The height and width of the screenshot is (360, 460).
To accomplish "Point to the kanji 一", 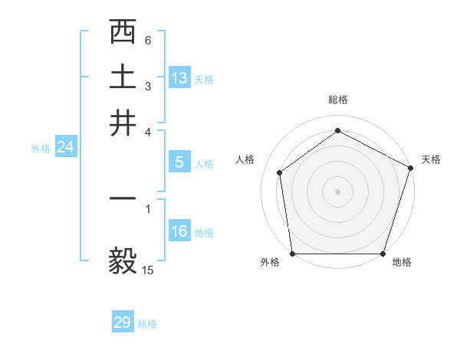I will click(123, 198).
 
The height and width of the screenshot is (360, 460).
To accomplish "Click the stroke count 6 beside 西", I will click(148, 40).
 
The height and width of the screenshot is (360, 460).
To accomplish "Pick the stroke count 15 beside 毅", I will click(148, 270).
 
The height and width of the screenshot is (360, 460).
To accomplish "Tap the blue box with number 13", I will click(179, 78).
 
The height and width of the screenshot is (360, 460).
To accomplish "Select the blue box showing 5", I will click(179, 162).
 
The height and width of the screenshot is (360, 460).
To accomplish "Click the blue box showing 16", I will click(179, 231).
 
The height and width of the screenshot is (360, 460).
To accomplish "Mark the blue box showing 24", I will click(65, 148).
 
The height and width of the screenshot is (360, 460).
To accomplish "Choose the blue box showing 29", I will click(122, 322).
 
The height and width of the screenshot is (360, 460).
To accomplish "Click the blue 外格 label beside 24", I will click(40, 149).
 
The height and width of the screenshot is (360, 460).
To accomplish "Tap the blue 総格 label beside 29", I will click(147, 324).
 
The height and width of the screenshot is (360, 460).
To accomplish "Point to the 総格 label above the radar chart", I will click(338, 100).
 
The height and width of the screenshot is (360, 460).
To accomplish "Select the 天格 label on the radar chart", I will click(431, 159).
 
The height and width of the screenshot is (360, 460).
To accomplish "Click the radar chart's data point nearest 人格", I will click(280, 172).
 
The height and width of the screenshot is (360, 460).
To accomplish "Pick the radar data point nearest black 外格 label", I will click(293, 254).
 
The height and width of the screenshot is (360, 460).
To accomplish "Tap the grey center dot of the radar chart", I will click(338, 191).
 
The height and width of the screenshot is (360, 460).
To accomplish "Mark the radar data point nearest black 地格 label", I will click(383, 254).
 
